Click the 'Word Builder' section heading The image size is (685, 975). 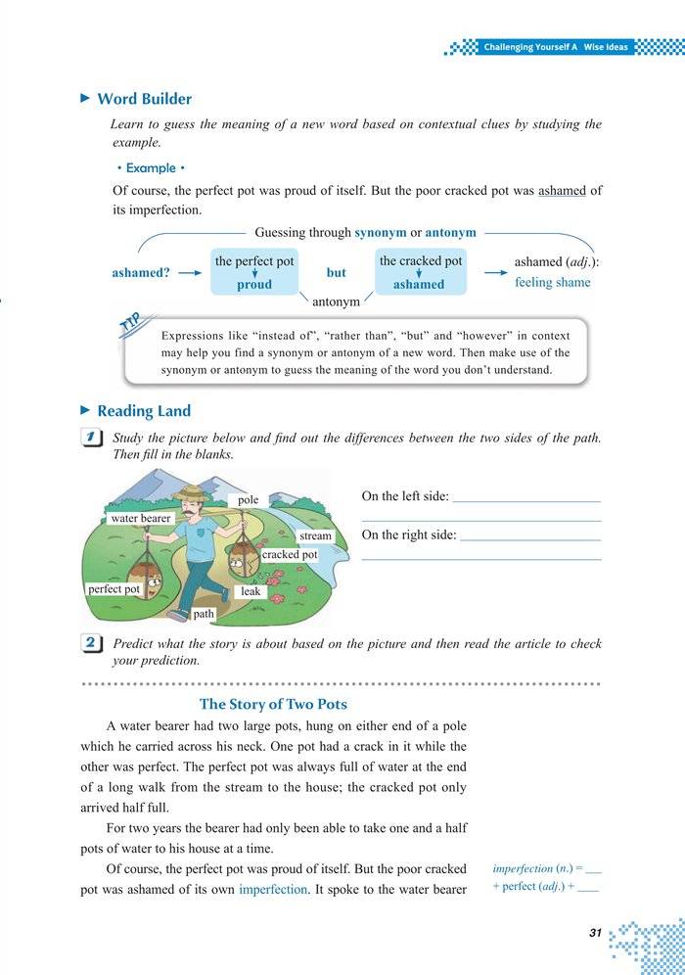(x=144, y=99)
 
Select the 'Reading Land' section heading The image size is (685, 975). (x=144, y=411)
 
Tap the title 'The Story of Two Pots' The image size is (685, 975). (x=273, y=704)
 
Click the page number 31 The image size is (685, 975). (x=595, y=933)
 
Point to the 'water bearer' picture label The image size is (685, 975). (x=141, y=518)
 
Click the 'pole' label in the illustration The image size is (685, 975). (x=249, y=500)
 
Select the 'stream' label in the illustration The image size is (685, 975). (x=316, y=536)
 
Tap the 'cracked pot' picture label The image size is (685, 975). (x=290, y=555)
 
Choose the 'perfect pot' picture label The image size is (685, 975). (x=114, y=589)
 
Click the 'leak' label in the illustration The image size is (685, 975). (x=251, y=592)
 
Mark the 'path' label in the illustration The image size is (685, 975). (x=204, y=615)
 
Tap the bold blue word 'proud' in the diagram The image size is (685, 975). (x=254, y=285)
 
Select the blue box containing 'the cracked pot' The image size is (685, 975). (x=421, y=272)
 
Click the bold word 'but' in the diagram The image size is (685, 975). (x=337, y=273)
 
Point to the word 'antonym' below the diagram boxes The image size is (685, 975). (x=336, y=302)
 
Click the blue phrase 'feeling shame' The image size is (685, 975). (x=553, y=283)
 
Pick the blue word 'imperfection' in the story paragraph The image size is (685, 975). (x=273, y=890)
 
